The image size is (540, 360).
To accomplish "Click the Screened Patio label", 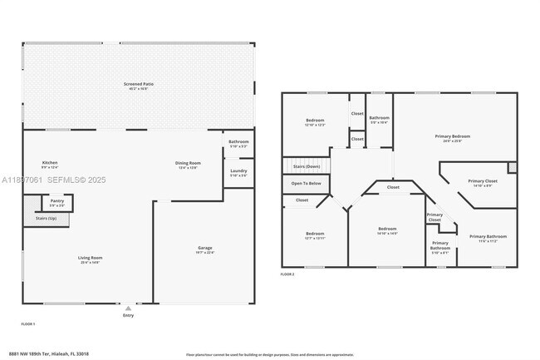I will (139, 84).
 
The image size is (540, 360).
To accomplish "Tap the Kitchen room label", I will (50, 163).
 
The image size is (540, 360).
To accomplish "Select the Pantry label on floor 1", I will (56, 201).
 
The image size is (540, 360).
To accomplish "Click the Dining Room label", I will (188, 163).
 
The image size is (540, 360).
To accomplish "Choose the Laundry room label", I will (238, 173).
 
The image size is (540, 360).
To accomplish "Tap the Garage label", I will (204, 249).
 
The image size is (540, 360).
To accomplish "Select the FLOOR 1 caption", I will (27, 323).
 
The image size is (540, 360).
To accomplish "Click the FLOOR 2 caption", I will (287, 274).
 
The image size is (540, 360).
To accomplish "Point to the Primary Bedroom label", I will (452, 136).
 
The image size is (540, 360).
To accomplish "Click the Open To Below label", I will (306, 183).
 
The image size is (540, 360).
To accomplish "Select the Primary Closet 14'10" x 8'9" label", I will (482, 181).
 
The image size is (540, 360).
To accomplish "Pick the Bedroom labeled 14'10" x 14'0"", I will (387, 229).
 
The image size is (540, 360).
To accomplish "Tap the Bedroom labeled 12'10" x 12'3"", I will (315, 121).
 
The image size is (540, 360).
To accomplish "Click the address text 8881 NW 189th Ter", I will (48, 353).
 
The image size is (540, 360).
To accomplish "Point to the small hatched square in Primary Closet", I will (513, 167).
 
